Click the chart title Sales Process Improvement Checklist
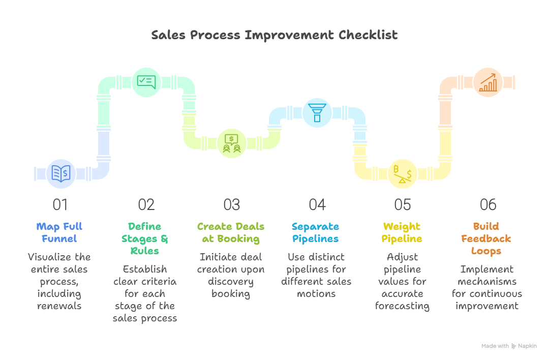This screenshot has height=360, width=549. point(274,35)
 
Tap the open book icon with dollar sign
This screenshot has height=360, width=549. point(61,174)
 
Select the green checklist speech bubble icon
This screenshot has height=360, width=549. point(146,82)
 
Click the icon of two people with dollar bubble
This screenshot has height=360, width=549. point(232,143)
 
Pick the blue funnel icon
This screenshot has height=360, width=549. point(317,112)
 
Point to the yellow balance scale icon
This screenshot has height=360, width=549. point(403,174)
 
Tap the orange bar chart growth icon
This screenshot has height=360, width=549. point(488,82)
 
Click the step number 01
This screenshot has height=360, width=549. point(60,204)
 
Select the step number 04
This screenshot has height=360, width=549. point(317,204)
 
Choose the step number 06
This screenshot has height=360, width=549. point(488,204)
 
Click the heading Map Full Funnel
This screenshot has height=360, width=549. point(59,232)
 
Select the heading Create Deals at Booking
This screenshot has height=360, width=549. point(231,232)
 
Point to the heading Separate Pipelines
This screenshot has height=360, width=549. point(316,232)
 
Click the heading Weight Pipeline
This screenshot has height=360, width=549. point(402,232)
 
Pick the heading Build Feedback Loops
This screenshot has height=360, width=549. point(486,238)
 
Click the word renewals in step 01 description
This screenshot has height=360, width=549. point(59,306)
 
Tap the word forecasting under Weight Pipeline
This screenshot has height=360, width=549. point(402,306)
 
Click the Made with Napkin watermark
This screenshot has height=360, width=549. point(509,346)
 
